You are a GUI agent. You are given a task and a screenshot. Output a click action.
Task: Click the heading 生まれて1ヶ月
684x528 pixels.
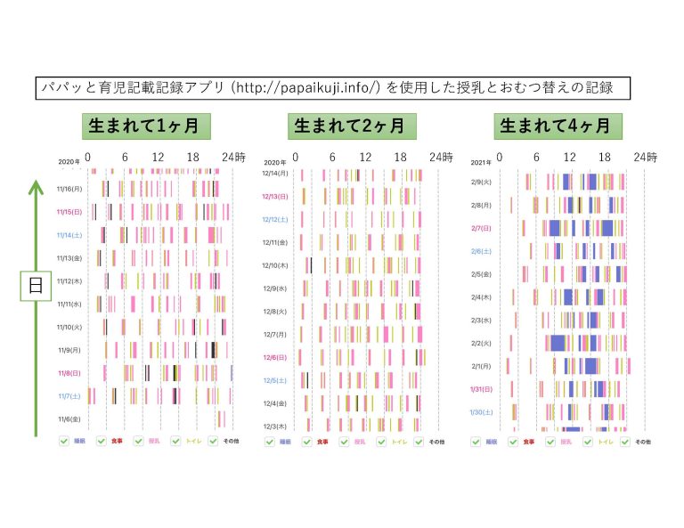[x=146, y=126]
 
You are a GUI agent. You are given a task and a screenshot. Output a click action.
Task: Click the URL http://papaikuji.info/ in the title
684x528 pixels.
[x=305, y=88]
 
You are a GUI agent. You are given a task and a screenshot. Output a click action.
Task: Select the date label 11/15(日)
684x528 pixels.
[x=69, y=212]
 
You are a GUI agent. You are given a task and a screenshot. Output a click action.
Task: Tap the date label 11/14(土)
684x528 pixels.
[x=69, y=235]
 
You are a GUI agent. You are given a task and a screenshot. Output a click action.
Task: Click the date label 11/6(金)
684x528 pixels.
[x=69, y=418]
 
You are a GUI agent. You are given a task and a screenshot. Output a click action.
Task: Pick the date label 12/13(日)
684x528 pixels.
[x=275, y=196]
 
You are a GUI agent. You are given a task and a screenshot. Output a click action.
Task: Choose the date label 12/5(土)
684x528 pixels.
[x=275, y=380]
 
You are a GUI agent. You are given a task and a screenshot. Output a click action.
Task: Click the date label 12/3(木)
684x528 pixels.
[x=275, y=426]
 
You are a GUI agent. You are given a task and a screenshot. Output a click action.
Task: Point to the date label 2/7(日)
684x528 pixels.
[x=482, y=228]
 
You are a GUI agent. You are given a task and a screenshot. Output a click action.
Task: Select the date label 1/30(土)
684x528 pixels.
[x=482, y=412]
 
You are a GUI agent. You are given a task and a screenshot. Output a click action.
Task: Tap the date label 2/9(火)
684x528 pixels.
[x=482, y=183]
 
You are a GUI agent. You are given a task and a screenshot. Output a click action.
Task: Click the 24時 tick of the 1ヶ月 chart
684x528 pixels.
[x=234, y=158]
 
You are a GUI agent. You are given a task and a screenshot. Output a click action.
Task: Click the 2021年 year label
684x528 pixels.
[x=480, y=162]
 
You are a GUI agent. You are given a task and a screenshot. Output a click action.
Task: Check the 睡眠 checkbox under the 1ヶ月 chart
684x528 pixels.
[x=63, y=441]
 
